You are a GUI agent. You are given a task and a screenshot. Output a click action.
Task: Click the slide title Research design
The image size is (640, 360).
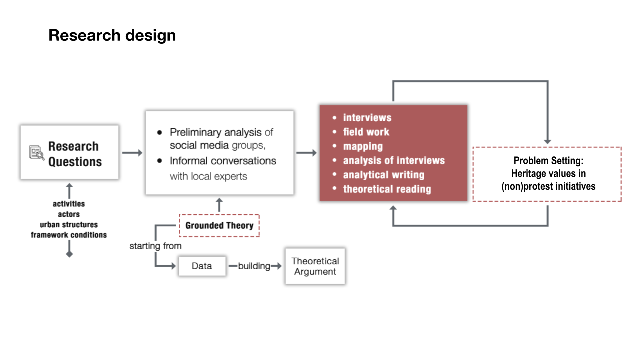tap(112, 36)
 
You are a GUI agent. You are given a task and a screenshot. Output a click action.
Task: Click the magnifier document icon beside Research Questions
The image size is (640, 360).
tap(36, 153)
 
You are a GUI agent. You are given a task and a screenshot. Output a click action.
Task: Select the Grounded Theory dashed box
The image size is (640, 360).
tap(219, 225)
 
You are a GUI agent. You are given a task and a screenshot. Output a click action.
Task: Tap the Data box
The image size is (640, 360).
tap(202, 266)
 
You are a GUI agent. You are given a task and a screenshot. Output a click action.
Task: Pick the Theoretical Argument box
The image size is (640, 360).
tap(315, 266)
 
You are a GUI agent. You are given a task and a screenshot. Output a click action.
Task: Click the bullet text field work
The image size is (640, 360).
tap(366, 132)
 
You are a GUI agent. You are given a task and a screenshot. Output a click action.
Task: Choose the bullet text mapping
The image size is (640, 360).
tap(363, 146)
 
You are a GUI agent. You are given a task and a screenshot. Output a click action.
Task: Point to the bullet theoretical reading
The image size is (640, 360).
tap(387, 189)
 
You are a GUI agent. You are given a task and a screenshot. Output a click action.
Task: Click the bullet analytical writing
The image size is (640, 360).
tap(383, 175)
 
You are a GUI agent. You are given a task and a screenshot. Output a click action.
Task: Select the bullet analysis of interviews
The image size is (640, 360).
tap(393, 160)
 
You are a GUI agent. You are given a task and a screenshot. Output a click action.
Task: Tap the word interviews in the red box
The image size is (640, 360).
tap(367, 118)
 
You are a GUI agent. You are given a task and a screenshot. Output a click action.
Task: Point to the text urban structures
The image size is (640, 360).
tap(69, 225)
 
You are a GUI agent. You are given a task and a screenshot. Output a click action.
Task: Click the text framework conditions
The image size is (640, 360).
tap(69, 235)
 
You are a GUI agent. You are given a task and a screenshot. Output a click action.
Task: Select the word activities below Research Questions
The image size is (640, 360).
tap(69, 204)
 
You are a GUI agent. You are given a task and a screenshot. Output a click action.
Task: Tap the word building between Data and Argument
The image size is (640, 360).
tap(254, 266)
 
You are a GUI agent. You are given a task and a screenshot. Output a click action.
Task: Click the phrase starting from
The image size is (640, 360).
tap(155, 246)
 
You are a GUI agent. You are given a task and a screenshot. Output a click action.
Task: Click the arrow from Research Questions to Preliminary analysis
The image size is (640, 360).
tap(132, 153)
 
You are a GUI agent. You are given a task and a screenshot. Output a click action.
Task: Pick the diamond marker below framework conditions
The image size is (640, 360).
tap(69, 254)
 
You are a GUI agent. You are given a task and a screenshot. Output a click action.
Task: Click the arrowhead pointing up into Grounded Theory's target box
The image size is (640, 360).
tap(219, 200)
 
